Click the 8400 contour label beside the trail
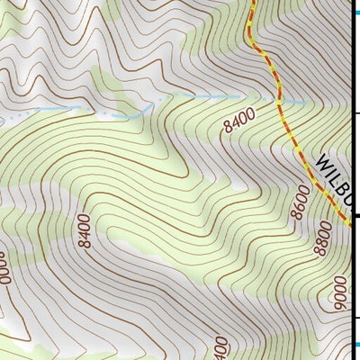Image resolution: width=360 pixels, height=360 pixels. [x=240, y=121]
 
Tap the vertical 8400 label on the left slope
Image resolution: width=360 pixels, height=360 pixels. [x=84, y=232]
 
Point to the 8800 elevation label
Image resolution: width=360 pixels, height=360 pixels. [x=323, y=240]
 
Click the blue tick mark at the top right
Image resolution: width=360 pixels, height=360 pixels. [x=355, y=8]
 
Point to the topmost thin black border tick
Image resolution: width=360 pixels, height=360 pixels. [x=355, y=113]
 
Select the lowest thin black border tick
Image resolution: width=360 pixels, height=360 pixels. [x=355, y=318]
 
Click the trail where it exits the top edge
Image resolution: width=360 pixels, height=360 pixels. [x=251, y=3]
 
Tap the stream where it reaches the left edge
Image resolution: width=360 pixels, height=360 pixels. [x=3, y=120]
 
